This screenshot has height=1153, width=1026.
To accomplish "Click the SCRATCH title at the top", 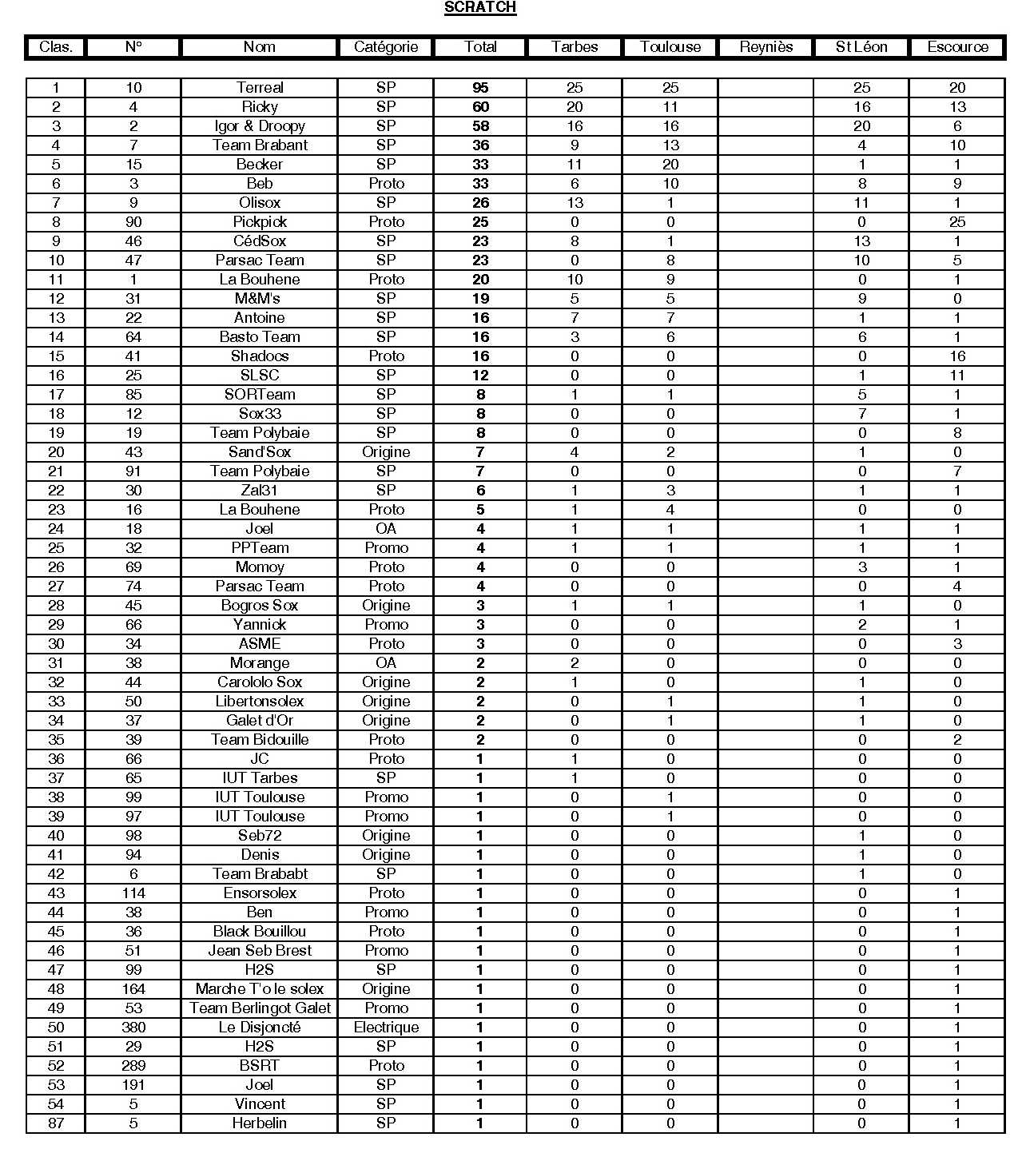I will [480, 8].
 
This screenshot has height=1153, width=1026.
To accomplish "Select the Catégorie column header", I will [386, 47].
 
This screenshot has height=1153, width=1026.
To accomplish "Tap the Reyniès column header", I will [766, 47].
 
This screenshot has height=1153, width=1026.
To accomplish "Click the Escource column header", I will [957, 47].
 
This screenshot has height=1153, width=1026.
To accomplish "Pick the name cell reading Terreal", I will [260, 88].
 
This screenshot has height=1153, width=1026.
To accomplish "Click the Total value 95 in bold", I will [480, 88].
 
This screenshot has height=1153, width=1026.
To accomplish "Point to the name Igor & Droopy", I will [260, 126].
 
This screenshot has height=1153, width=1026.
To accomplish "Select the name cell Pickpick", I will [260, 222].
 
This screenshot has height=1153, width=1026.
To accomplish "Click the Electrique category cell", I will [386, 1028].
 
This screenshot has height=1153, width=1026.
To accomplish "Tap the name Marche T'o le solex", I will [260, 989].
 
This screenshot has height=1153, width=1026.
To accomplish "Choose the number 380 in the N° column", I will [133, 1028].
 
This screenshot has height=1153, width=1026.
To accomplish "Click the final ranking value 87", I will [56, 1123].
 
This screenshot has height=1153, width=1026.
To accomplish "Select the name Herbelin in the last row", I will [260, 1123].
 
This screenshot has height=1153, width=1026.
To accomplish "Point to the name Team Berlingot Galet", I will [260, 1008].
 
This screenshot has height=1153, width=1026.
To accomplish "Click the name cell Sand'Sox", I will [260, 452].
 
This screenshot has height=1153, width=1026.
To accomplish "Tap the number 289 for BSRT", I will [133, 1066].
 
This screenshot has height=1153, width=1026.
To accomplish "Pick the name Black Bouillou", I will [260, 932].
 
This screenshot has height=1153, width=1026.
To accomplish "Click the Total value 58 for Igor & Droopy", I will [480, 126].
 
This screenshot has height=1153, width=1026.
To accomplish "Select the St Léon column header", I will [861, 47].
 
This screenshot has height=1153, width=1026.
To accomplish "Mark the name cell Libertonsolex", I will [260, 702].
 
